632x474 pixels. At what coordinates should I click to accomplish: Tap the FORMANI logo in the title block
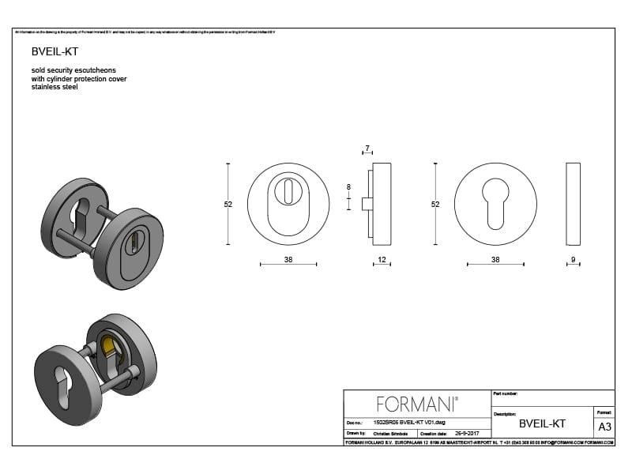417,404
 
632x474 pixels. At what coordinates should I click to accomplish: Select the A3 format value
604,427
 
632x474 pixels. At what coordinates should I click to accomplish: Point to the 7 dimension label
367,149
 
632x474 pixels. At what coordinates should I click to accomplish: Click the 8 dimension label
348,187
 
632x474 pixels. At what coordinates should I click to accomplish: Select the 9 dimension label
574,260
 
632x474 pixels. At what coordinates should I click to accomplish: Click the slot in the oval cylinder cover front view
288,190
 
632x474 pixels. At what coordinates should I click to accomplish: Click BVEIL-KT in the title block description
542,423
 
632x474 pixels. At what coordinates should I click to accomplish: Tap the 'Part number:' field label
506,393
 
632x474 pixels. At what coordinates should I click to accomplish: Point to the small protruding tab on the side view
367,204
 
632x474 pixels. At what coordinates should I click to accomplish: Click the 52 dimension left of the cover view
228,204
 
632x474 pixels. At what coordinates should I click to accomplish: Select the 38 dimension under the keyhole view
495,260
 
